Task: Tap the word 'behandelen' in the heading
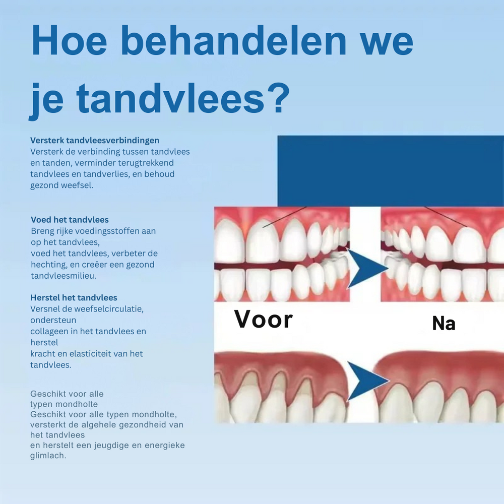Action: click(x=233, y=40)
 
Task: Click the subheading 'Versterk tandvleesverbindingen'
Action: click(x=95, y=141)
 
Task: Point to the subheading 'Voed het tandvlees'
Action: click(x=70, y=220)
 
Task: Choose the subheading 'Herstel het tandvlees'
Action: click(x=74, y=298)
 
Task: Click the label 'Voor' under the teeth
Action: click(x=264, y=320)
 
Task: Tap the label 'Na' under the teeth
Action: click(x=444, y=324)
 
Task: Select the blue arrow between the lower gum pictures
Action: click(x=368, y=381)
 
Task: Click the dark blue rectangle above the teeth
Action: click(x=391, y=171)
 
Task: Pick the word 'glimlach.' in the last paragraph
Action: click(x=48, y=456)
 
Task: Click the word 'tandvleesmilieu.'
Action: click(x=64, y=276)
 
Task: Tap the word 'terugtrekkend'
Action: click(x=146, y=163)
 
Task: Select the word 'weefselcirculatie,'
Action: click(x=109, y=309)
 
